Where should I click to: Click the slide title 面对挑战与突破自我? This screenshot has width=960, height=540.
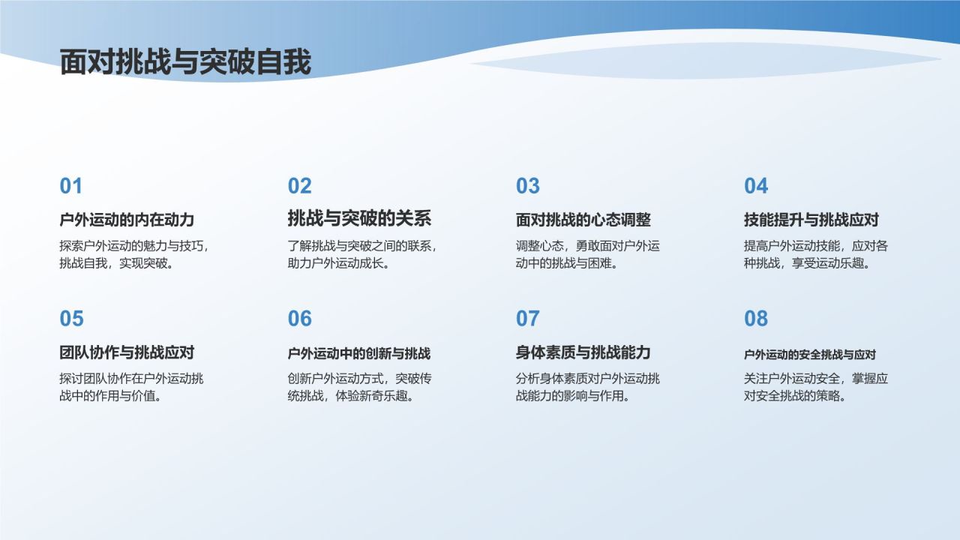185,63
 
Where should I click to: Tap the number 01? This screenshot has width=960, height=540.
71,186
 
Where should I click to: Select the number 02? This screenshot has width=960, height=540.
299,186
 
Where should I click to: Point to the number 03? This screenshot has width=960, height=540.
527,186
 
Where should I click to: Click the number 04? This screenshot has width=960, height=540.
756,186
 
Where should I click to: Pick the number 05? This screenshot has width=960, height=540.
71,319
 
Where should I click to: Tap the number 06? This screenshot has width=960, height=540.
299,319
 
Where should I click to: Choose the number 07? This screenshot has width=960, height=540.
527,319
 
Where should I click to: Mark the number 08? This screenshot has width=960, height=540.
756,319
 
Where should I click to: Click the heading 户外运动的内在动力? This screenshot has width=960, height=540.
127,220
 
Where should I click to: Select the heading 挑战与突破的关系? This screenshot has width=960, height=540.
359,219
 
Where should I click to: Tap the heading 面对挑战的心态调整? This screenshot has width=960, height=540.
583,220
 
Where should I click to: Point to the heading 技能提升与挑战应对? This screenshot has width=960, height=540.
811,220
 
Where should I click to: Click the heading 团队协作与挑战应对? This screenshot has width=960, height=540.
127,352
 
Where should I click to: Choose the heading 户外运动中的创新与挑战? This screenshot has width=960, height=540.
358,353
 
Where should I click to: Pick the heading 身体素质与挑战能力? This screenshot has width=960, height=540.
583,352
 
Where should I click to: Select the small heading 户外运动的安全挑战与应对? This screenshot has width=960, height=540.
809,355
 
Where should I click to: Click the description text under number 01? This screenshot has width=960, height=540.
133,255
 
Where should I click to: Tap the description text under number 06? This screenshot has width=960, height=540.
359,387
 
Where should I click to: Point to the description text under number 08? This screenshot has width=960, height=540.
815,387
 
